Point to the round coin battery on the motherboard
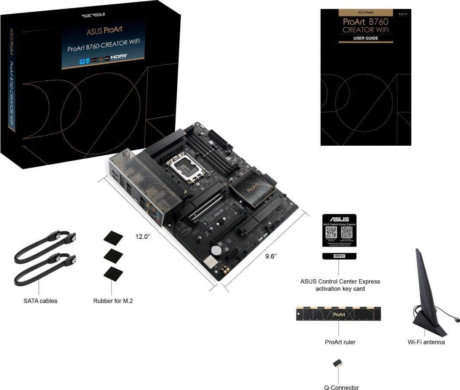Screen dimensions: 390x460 click(x=216, y=250)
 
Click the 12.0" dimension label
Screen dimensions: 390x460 click(x=143, y=237)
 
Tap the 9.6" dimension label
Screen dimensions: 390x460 click(x=271, y=256)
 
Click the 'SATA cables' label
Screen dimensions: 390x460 click(x=40, y=300)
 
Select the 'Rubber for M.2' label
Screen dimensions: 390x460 click(x=113, y=300)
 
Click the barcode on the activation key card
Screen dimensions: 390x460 click(x=339, y=256)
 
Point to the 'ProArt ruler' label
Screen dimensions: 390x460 click(x=340, y=342)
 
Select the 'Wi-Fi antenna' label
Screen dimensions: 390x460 click(x=426, y=342)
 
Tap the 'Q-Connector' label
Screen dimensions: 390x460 click(x=341, y=387)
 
